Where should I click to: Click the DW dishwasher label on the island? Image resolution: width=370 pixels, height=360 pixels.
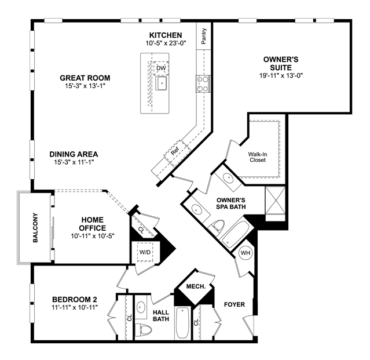[x=161, y=68]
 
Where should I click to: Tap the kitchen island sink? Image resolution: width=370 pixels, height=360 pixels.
[x=162, y=83]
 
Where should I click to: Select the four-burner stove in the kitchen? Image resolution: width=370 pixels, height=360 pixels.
[x=203, y=84]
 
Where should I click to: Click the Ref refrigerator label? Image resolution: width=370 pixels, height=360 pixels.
[x=175, y=151]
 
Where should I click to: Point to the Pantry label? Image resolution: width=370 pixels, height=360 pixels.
[x=204, y=36]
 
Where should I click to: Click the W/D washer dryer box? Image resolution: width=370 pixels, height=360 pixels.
[x=145, y=252]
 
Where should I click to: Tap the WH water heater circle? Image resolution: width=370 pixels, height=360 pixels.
[x=246, y=253]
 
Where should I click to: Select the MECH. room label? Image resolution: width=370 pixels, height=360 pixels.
[x=196, y=286]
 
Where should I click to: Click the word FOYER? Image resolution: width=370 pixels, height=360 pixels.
[x=235, y=304]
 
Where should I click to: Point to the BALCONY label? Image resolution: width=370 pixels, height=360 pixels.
[x=35, y=228]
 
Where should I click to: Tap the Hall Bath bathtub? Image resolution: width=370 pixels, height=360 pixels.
[x=182, y=323]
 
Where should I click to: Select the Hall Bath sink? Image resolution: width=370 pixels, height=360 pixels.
[x=141, y=307]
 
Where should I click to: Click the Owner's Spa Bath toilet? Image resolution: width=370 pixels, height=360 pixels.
[x=217, y=226]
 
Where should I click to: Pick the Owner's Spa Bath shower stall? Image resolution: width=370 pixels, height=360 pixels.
[x=275, y=201]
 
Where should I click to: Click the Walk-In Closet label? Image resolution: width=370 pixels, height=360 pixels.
[x=258, y=157]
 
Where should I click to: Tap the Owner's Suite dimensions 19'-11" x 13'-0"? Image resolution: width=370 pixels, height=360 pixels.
[x=281, y=76]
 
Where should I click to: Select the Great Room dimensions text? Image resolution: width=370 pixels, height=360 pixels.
[x=85, y=86]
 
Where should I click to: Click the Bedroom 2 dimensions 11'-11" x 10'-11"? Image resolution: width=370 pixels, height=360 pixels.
[x=75, y=307]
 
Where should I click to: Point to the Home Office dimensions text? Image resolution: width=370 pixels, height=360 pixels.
[x=93, y=236]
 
